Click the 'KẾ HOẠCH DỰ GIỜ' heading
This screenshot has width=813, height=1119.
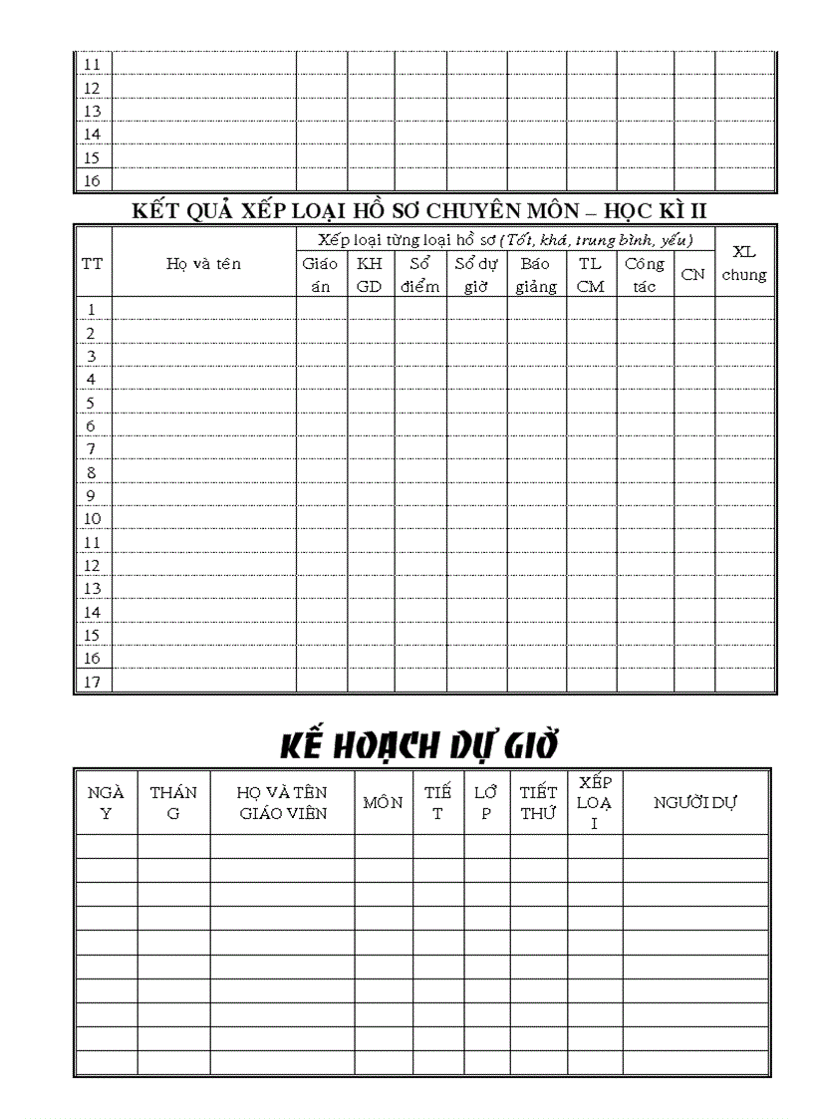[417, 744]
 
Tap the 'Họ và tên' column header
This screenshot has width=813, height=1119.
[203, 264]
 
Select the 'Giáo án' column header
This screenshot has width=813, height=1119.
[320, 275]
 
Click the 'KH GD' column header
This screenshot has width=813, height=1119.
[370, 275]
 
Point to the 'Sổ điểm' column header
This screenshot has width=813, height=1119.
[419, 275]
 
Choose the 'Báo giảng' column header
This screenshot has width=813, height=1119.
[536, 275]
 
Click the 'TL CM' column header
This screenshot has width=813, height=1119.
[591, 275]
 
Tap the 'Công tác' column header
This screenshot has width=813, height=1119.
[645, 275]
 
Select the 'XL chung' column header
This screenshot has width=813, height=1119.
[744, 263]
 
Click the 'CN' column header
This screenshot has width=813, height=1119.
[692, 275]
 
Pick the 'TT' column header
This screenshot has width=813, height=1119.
[92, 264]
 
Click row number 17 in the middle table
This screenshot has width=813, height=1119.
[92, 682]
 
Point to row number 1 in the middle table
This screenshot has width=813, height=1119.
[92, 309]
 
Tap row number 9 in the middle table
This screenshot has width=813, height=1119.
[92, 495]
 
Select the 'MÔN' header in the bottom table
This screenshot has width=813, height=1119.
[383, 802]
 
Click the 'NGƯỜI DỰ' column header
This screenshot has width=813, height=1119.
[695, 802]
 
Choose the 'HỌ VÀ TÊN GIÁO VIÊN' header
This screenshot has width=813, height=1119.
[282, 802]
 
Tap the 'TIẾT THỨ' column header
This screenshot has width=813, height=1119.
[538, 802]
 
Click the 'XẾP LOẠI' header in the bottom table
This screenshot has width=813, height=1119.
[595, 802]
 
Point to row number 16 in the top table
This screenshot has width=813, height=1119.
[92, 180]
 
